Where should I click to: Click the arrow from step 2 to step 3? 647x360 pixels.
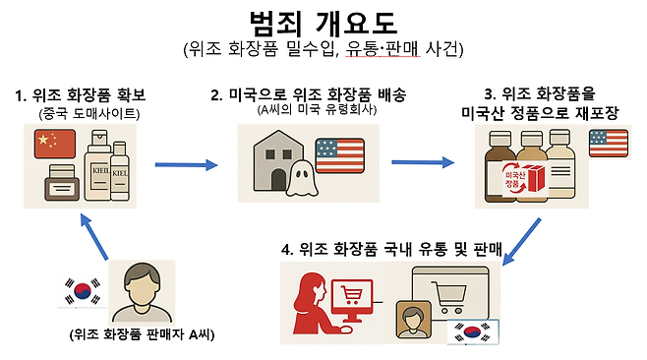click(424, 163)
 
